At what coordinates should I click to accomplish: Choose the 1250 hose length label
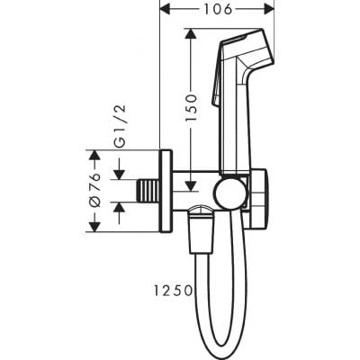pyautogui.click(x=173, y=290)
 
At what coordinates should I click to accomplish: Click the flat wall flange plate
pyautogui.click(x=164, y=190)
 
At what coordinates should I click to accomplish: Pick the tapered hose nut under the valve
pyautogui.click(x=200, y=229)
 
